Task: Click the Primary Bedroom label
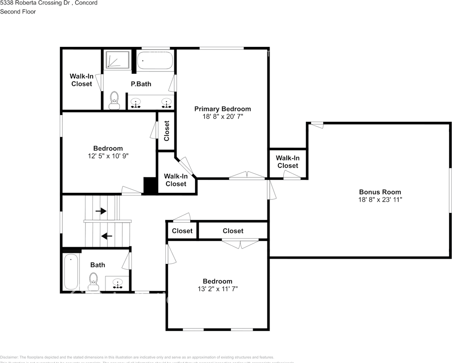(222, 109)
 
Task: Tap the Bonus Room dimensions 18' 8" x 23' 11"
(380, 199)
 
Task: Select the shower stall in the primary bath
(117, 60)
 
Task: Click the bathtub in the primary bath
(155, 60)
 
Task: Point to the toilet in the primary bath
(114, 101)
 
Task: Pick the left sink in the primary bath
(136, 102)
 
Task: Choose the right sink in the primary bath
(166, 102)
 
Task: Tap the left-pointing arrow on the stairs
(107, 236)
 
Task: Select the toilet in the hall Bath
(93, 280)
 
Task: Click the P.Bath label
(141, 84)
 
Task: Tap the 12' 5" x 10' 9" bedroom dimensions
(108, 155)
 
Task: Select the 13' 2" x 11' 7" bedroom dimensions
(217, 289)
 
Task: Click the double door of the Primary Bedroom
(247, 175)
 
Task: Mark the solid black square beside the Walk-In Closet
(151, 186)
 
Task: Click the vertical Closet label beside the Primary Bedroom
(166, 131)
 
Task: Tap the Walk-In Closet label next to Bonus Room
(287, 162)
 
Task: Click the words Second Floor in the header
(18, 12)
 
